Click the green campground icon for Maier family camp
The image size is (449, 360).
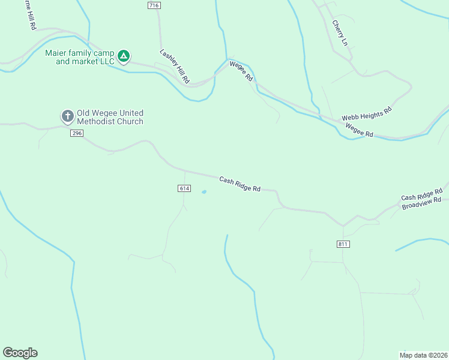tap(123, 56)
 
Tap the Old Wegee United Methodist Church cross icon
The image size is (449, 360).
tap(68, 116)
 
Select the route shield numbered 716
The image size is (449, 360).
tap(154, 5)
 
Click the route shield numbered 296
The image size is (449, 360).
tap(76, 133)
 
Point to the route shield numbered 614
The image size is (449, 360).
tap(184, 188)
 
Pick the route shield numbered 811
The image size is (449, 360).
tap(343, 244)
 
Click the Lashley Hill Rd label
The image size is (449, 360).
tap(175, 66)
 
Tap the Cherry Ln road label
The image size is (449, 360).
tap(339, 32)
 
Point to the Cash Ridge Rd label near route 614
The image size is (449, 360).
tap(240, 184)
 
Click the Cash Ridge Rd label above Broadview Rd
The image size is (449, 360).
tap(421, 193)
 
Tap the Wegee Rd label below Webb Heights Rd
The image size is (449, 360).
tap(359, 130)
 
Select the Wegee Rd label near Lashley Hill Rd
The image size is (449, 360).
tap(240, 71)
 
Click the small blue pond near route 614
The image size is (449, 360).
tap(204, 192)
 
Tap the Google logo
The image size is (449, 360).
tap(20, 353)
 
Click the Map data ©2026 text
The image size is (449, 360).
tap(423, 355)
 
